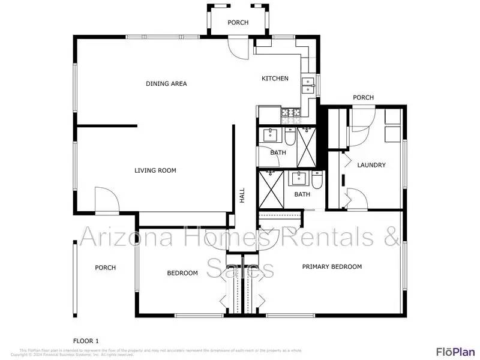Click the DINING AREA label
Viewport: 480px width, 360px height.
(x=166, y=83)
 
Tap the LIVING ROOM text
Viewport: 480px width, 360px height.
(x=155, y=170)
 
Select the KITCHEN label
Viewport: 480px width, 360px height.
(x=275, y=79)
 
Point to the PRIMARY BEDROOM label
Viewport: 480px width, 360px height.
(x=332, y=267)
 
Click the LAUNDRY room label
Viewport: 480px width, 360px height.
(x=371, y=165)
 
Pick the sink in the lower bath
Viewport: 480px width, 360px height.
(x=299, y=178)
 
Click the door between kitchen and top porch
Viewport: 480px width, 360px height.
(x=237, y=48)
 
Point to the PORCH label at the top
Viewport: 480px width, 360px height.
(x=238, y=23)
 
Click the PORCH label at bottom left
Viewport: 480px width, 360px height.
(x=105, y=268)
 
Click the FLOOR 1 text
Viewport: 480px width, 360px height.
(x=86, y=341)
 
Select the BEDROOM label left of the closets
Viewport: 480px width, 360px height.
(x=182, y=273)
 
